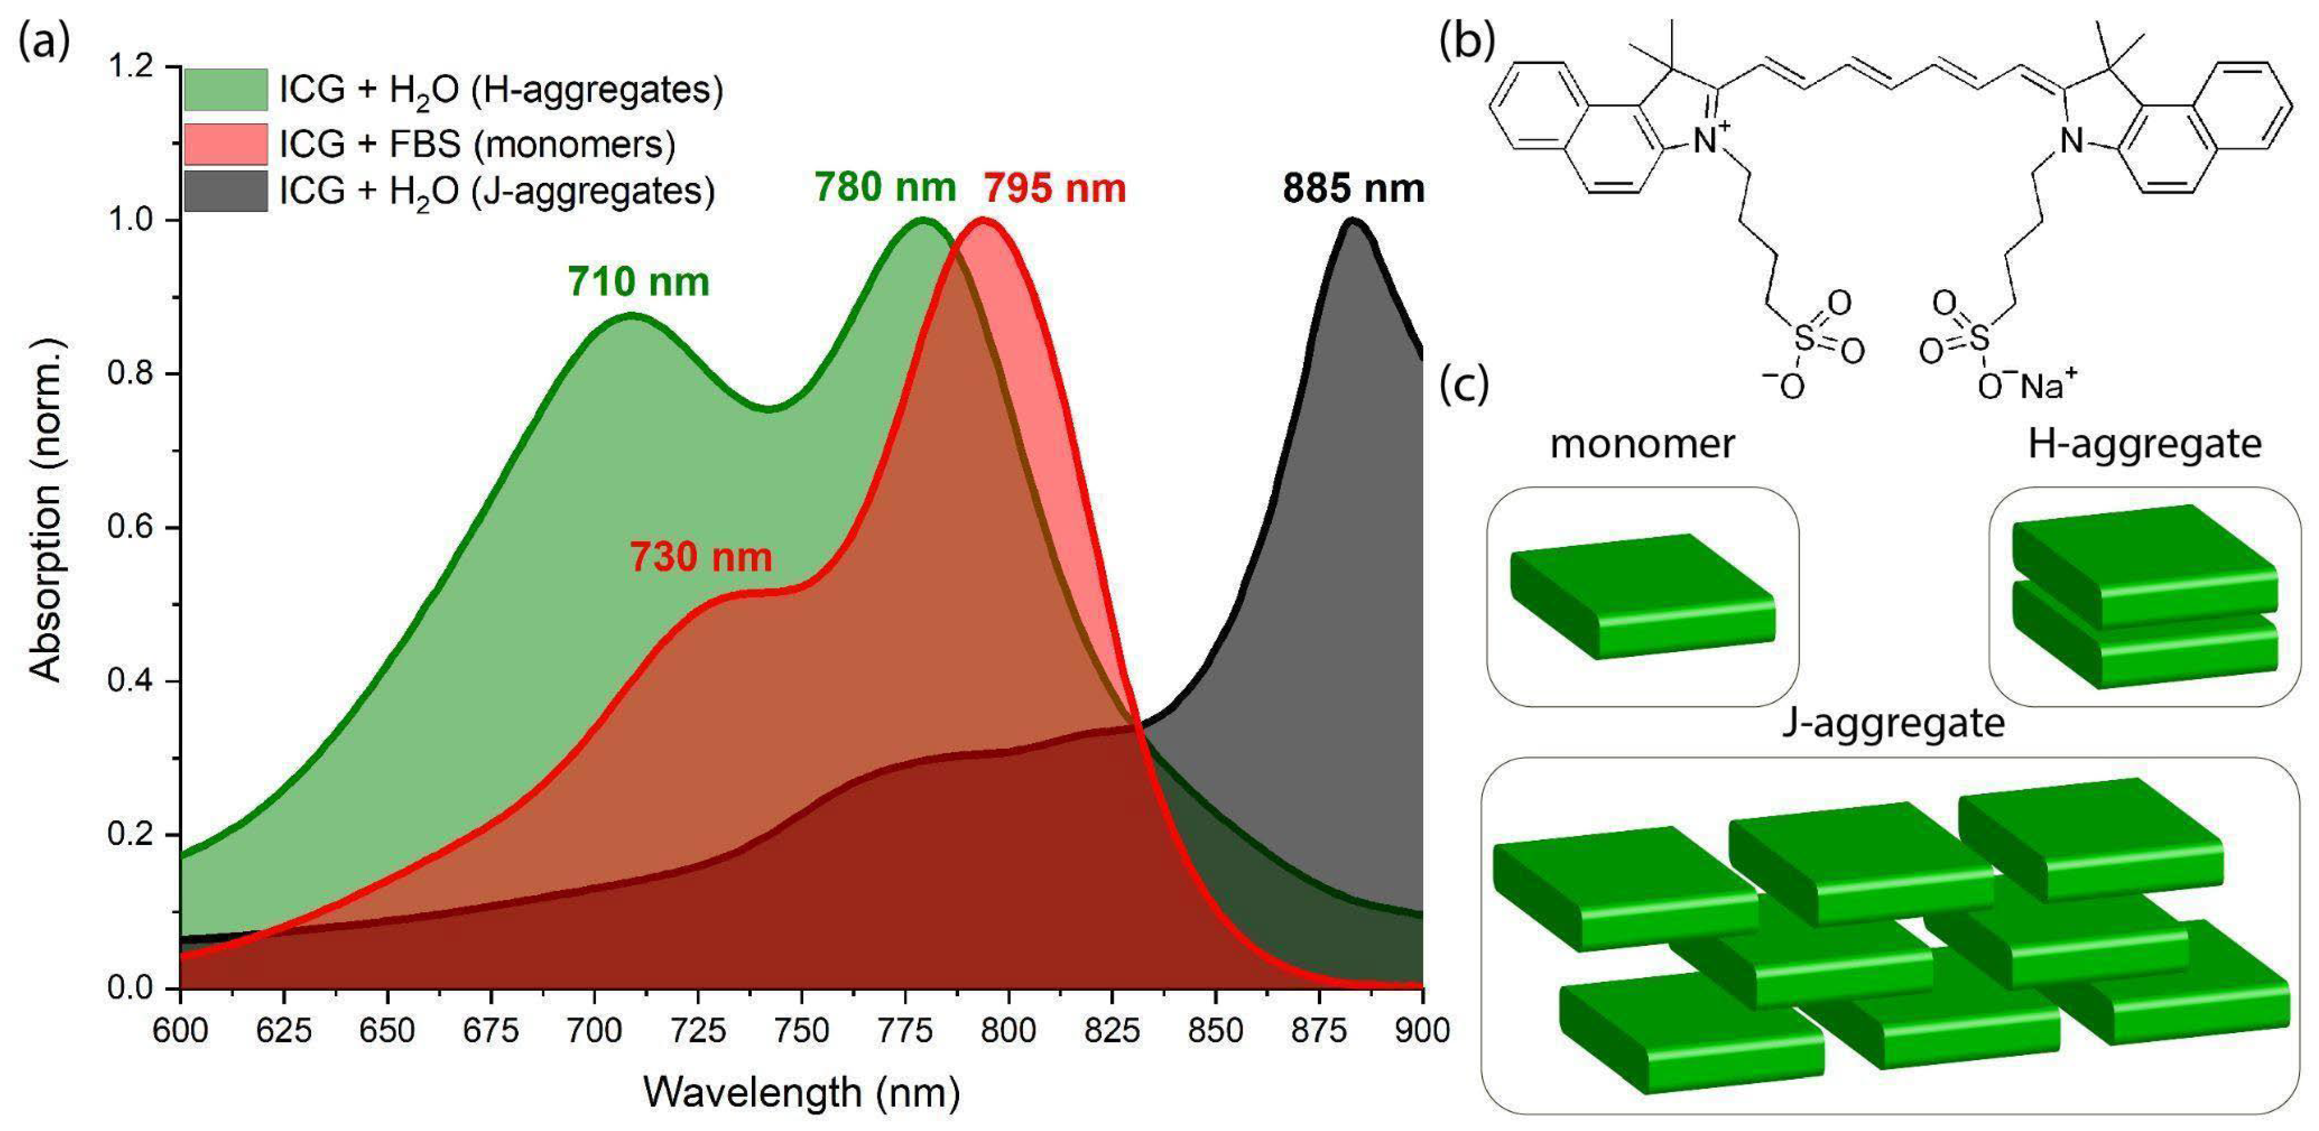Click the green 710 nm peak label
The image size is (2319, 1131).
pyautogui.click(x=638, y=282)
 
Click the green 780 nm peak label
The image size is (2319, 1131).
pyautogui.click(x=885, y=187)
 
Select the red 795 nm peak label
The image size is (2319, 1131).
pyautogui.click(x=1054, y=188)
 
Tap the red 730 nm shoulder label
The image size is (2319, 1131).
pyautogui.click(x=700, y=557)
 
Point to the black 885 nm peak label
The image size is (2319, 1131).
pyautogui.click(x=1353, y=188)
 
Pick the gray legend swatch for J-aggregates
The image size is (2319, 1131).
pyautogui.click(x=226, y=191)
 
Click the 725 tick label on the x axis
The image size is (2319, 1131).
pyautogui.click(x=698, y=1030)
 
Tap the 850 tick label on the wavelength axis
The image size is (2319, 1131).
pyautogui.click(x=1215, y=1030)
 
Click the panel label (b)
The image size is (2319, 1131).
pyautogui.click(x=1467, y=40)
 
